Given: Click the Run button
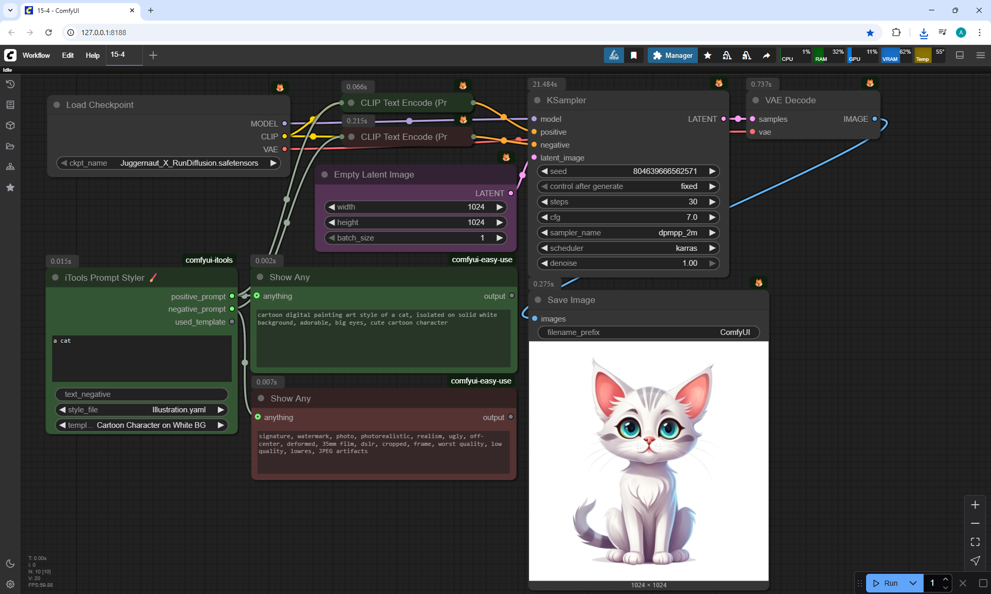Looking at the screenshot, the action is (886, 583).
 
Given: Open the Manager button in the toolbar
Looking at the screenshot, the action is (673, 55).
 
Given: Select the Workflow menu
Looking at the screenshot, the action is (36, 55).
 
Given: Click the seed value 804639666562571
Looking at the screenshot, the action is (664, 171).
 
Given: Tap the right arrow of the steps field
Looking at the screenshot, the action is (712, 202).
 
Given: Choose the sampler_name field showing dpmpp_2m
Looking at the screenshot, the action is (628, 233).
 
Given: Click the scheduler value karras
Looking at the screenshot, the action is (686, 248).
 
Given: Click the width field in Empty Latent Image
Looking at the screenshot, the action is (415, 207).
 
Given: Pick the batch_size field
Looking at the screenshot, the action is (415, 238).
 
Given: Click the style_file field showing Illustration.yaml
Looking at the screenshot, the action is (141, 410).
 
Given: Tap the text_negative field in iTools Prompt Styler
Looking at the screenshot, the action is (141, 394).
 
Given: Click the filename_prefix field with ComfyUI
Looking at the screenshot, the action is (648, 332).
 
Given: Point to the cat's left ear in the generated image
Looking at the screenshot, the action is (609, 392).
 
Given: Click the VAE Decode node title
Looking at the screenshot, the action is (790, 100).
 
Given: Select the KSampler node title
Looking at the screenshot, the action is (566, 100).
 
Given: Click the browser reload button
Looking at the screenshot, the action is (49, 33).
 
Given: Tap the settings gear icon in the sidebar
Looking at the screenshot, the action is (10, 584).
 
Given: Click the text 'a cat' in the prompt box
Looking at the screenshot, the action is (62, 341).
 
